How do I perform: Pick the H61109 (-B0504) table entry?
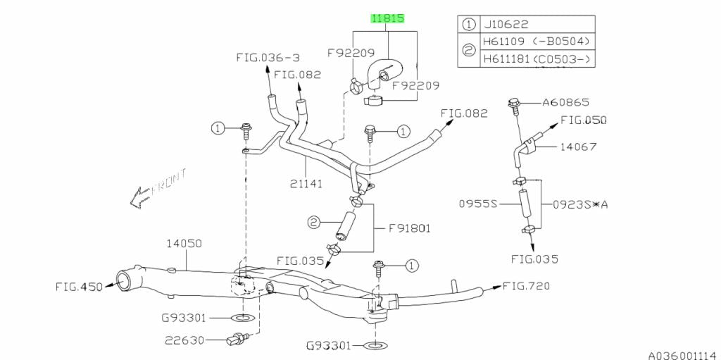point(536,42)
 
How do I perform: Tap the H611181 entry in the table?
point(536,60)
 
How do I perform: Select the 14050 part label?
point(184,244)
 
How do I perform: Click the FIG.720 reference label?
point(526,286)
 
